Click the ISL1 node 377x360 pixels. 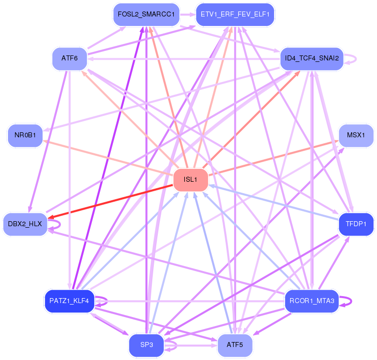point(191,180)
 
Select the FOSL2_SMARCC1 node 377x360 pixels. point(146,14)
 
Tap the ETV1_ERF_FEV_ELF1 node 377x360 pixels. point(235,14)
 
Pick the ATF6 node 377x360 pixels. point(69,59)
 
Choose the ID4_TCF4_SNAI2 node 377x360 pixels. point(312,59)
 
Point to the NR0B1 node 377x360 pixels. point(25,136)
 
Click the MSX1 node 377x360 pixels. point(356,136)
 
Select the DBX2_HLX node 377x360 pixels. point(25,224)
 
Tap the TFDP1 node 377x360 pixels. point(356,224)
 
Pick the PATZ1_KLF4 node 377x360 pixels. point(69,301)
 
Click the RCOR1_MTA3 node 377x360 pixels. point(312,301)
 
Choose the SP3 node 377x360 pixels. point(146,346)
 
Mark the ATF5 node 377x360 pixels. point(235,346)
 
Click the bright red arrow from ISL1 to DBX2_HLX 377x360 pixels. point(110,202)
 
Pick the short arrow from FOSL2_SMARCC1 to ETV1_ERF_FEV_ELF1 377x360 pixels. point(188,14)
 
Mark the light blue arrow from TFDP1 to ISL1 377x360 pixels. point(274,203)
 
